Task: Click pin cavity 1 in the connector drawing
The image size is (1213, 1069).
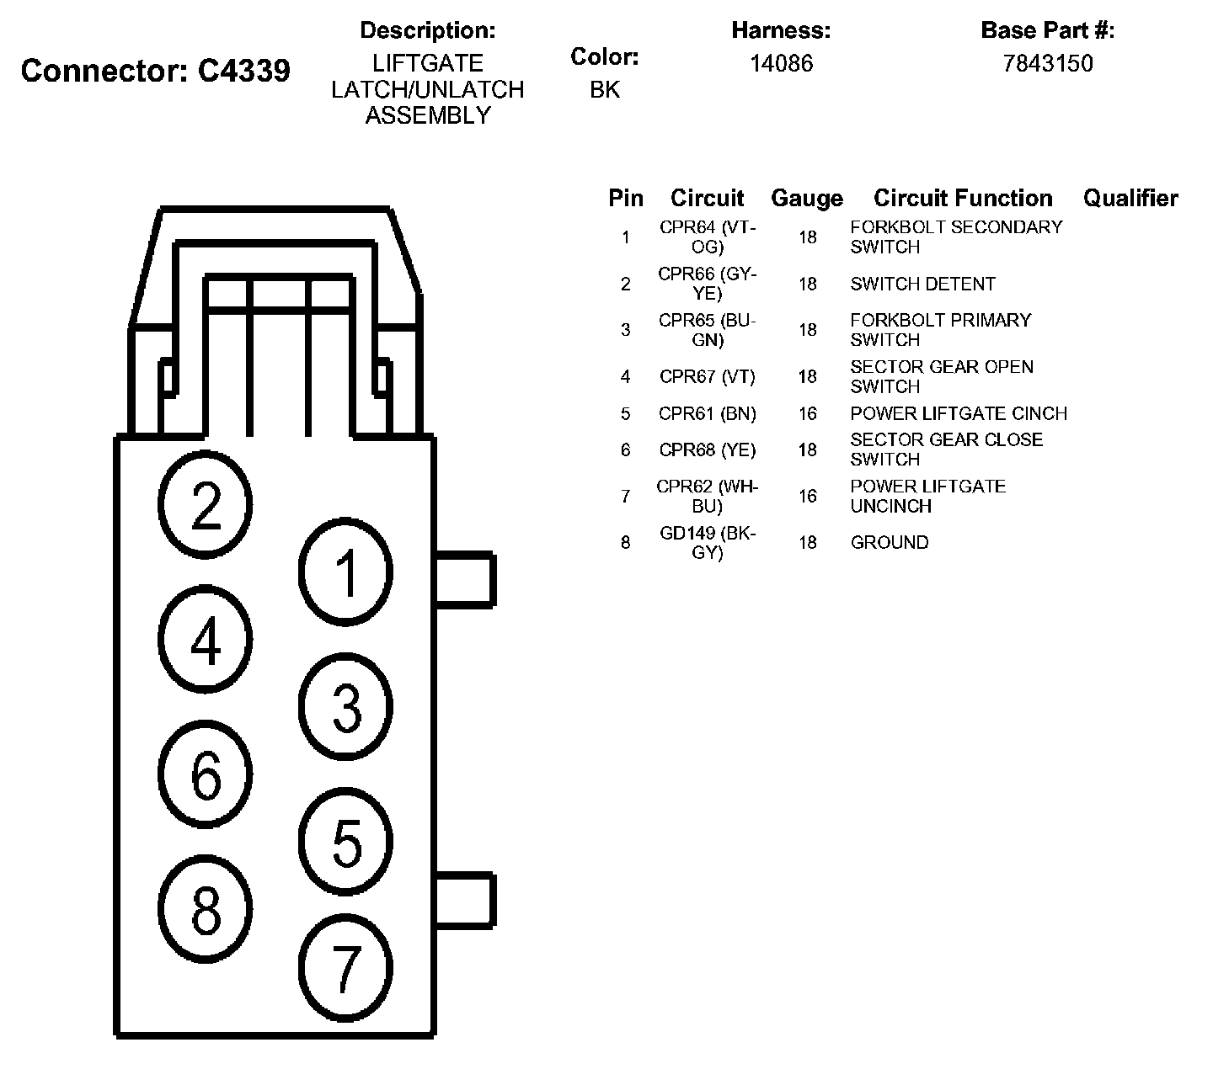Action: (x=346, y=572)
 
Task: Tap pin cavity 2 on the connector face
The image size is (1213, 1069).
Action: (x=206, y=505)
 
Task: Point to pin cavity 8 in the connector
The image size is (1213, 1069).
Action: (x=206, y=909)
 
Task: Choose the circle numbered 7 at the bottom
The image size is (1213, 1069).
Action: (x=346, y=968)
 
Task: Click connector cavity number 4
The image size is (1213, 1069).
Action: (x=206, y=640)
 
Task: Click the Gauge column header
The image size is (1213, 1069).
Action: (x=806, y=199)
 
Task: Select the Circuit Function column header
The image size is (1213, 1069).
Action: (x=963, y=199)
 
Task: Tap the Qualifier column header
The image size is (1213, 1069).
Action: (x=1130, y=199)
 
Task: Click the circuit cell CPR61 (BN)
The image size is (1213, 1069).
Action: (x=708, y=414)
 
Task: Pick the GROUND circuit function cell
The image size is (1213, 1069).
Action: (x=890, y=543)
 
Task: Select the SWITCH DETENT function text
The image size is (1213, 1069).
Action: (x=922, y=285)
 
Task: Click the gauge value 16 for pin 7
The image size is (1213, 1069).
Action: (x=807, y=497)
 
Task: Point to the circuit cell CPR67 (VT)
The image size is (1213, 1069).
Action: (x=708, y=377)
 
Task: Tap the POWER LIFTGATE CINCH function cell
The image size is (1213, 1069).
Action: (x=959, y=414)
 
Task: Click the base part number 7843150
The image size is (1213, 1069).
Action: (x=1047, y=64)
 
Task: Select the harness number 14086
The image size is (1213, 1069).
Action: (x=781, y=64)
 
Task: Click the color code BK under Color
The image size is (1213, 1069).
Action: (x=604, y=90)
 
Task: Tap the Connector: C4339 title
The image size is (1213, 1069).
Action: (x=156, y=71)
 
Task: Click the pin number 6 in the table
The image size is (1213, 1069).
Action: (x=625, y=450)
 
